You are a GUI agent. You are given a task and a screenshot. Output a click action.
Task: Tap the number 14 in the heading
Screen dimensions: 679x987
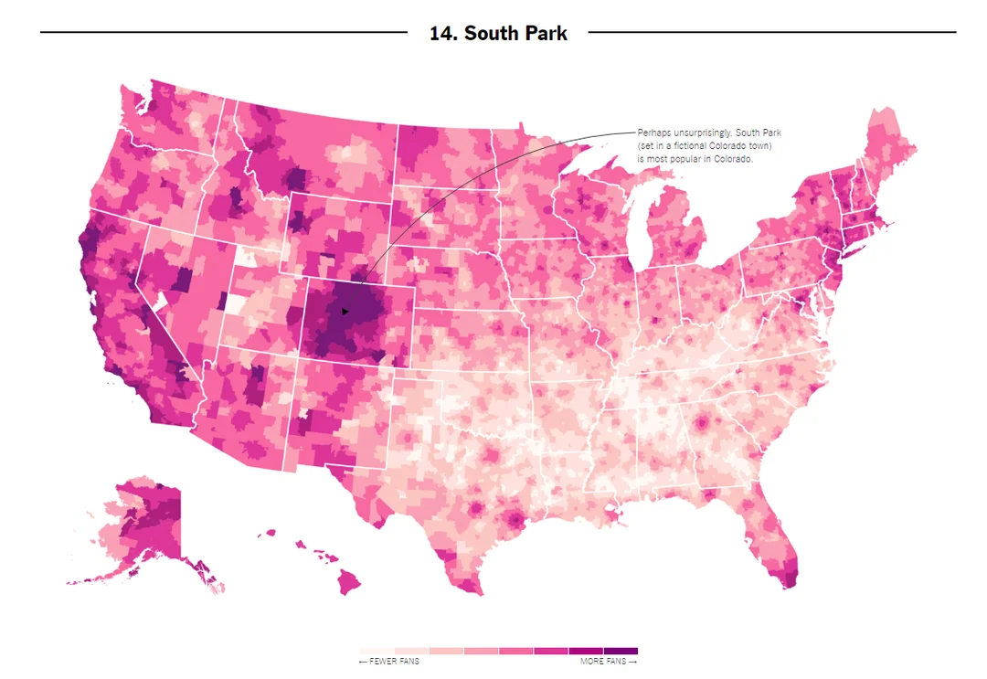tap(442, 34)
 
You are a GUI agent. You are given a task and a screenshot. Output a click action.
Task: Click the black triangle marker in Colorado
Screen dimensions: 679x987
tap(345, 312)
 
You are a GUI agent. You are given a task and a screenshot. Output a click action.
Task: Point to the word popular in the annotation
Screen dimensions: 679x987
tap(681, 159)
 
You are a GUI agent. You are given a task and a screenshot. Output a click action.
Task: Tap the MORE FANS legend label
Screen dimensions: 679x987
tap(602, 661)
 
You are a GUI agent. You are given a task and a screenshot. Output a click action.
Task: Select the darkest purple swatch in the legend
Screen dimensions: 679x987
tap(621, 651)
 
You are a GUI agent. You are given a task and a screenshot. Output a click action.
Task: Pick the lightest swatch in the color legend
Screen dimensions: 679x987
tap(376, 651)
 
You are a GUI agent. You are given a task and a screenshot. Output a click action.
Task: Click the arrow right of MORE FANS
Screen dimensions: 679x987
tap(632, 661)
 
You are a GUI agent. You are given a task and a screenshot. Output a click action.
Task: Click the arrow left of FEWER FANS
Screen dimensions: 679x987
tap(363, 661)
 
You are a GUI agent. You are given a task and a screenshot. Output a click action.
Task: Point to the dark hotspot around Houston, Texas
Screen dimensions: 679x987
tap(515, 522)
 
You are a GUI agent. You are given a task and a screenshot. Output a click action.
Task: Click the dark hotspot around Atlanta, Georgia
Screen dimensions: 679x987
tap(704, 424)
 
